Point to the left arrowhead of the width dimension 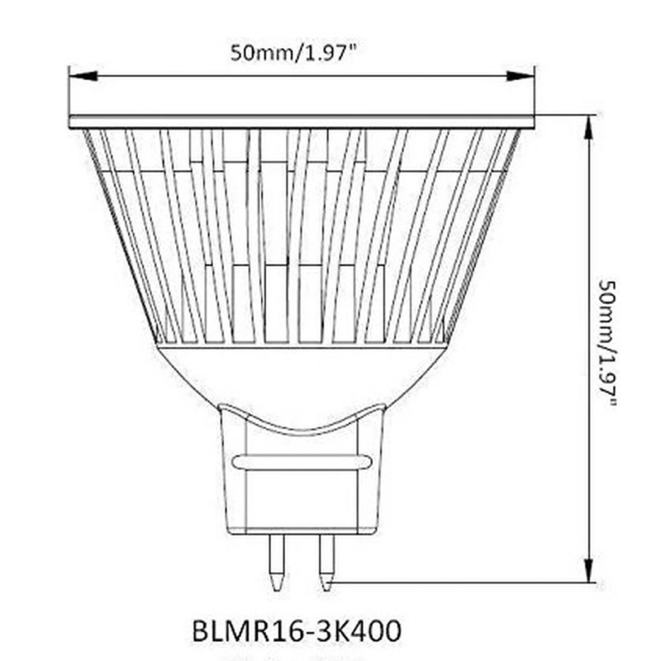pyautogui.click(x=83, y=76)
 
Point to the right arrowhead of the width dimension pyautogui.click(x=521, y=76)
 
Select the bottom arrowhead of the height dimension pyautogui.click(x=589, y=570)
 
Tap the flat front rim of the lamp pyautogui.click(x=302, y=121)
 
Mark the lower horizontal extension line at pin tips pyautogui.click(x=463, y=583)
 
